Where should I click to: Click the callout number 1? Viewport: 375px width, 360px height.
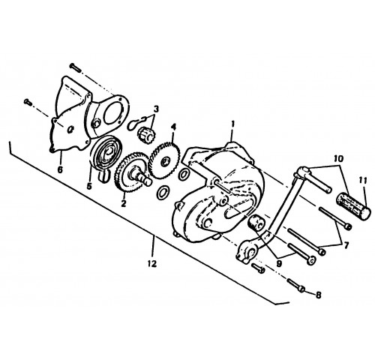point(232,124)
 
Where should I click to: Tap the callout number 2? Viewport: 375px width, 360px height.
point(124,203)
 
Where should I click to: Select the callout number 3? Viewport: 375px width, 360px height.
point(156,109)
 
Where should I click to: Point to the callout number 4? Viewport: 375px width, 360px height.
point(173,127)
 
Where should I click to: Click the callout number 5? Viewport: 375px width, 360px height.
point(89,186)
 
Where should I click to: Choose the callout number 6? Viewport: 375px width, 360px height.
point(60,169)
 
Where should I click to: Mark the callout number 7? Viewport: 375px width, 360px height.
point(346,245)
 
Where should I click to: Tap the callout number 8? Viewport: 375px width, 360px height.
point(318,295)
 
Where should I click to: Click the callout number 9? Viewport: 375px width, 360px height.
point(279,263)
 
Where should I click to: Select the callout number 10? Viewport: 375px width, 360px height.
point(339,158)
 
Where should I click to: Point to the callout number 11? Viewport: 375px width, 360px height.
point(363,180)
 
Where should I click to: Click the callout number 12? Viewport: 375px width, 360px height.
point(152,263)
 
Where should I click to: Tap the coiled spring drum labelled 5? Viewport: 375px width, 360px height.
point(106,154)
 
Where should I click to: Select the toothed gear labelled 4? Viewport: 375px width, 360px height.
point(164,160)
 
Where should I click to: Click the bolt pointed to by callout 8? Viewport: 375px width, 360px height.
point(296,286)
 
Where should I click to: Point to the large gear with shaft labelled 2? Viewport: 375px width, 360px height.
point(130,173)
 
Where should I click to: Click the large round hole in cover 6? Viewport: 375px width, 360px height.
point(114,114)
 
